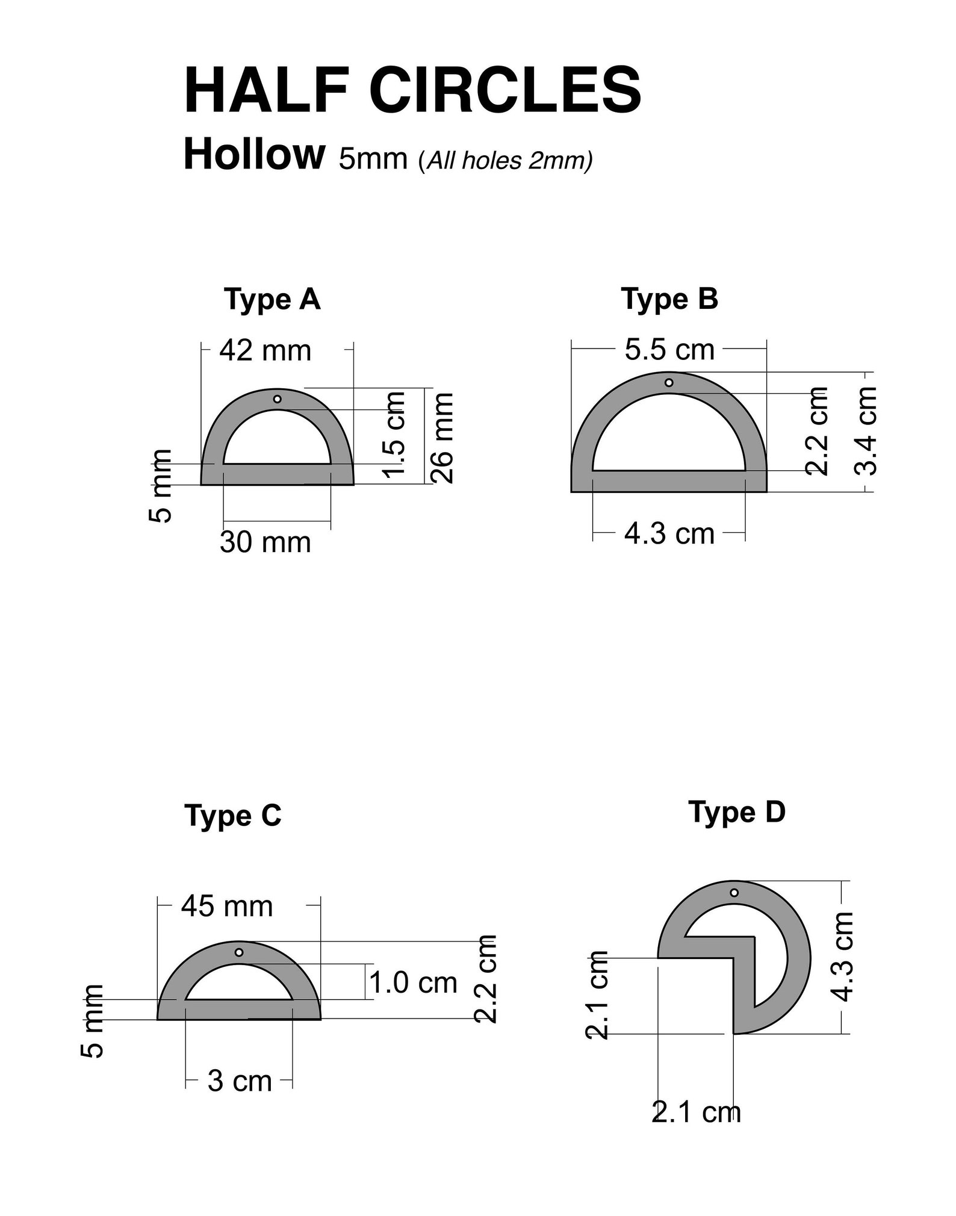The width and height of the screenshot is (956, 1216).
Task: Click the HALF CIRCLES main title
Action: (412, 90)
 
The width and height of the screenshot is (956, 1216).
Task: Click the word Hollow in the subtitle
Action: (253, 154)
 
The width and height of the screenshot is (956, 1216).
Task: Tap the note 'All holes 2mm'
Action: (506, 161)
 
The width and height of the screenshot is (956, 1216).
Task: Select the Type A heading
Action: (272, 299)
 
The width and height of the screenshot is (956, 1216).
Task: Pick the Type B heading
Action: (669, 299)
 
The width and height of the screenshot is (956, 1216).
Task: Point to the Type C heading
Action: (233, 816)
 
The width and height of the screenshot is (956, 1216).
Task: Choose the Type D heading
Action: (737, 812)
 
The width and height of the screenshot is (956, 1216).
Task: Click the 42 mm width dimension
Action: (265, 350)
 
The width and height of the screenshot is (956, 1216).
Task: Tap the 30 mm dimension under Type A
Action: (265, 542)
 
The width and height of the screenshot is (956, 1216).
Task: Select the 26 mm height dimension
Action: (443, 438)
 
